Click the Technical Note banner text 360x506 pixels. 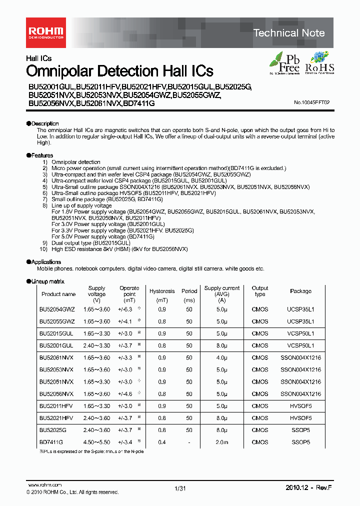[289, 33]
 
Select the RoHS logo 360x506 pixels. [319, 63]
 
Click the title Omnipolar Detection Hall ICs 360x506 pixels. [119, 71]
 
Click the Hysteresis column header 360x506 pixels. [162, 291]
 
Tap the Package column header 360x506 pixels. [300, 291]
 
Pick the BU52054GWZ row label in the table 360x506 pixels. [57, 309]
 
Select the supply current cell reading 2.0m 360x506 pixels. [222, 442]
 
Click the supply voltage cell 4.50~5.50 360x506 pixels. [97, 442]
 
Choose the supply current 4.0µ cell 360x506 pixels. [222, 357]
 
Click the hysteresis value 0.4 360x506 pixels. [162, 442]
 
